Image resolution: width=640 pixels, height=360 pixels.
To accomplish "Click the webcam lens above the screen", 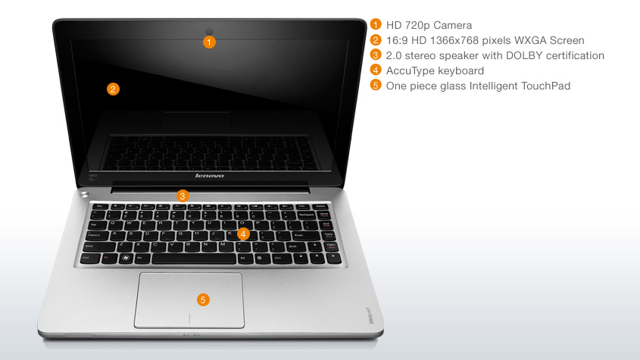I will point(210,31).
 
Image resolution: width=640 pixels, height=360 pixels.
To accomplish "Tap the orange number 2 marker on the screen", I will point(112,89).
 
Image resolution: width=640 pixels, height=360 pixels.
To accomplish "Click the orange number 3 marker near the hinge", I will point(182,196).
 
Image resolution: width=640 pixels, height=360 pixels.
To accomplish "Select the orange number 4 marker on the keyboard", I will point(243,234).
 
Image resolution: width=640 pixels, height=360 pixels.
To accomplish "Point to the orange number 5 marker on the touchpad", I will point(202,299).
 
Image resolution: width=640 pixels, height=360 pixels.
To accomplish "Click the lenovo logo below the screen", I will point(210,176).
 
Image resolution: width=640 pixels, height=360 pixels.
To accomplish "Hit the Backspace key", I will point(308,215).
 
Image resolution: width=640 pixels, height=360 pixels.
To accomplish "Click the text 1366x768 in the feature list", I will point(457,40).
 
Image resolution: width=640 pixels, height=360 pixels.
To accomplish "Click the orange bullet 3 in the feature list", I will point(376,55).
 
